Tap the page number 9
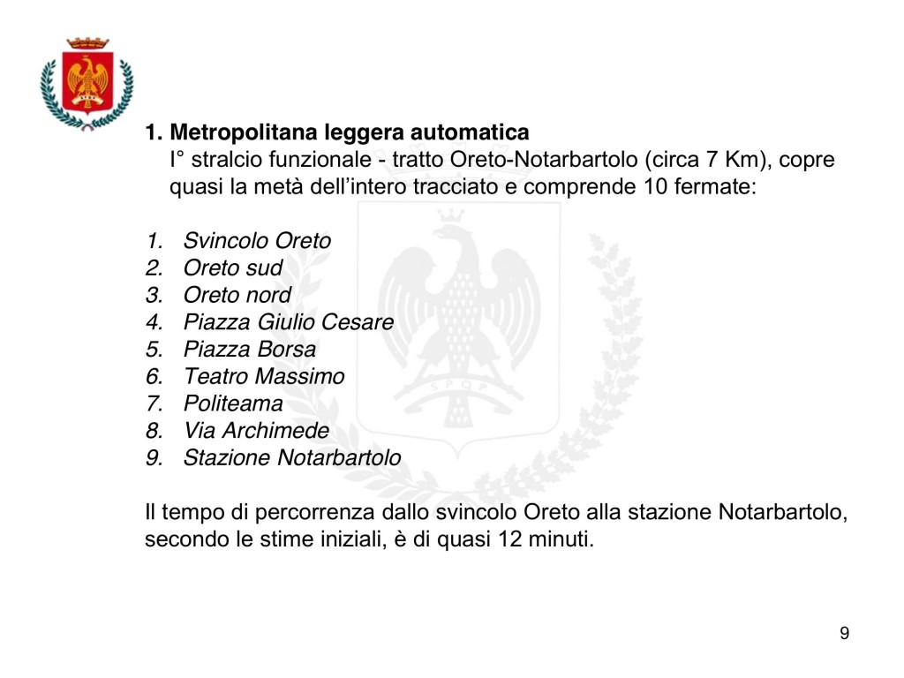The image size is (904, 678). pos(845,633)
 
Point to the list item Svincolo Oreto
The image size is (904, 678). pos(257,240)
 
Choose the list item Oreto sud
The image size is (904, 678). pos(233,267)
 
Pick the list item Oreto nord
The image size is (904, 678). pos(237,295)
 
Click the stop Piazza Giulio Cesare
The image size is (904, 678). pos(288,322)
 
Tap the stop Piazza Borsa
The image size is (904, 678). pos(249,350)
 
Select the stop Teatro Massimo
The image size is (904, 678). pos(264,377)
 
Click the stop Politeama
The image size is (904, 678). pos(233,404)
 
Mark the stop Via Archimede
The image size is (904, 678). pos(256,432)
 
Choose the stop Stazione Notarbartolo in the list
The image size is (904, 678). pos(291,458)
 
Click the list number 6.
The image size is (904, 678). pos(154,377)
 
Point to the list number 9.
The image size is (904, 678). pos(154,458)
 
